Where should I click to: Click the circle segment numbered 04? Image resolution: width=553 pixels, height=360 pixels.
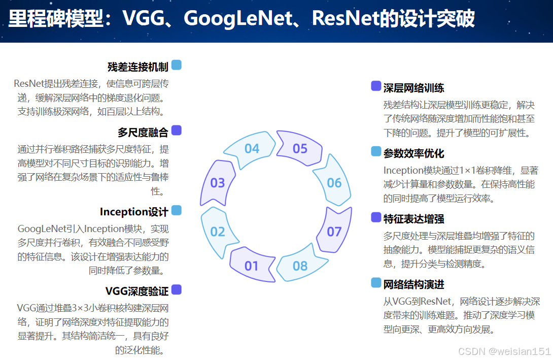(252, 149)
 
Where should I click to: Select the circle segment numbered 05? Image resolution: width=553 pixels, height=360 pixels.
(300, 149)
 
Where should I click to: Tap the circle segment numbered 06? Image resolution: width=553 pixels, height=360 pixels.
(334, 183)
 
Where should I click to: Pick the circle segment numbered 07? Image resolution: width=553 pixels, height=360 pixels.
(334, 232)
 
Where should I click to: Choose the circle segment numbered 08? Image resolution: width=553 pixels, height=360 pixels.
(300, 266)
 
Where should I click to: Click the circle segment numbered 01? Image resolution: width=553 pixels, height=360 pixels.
(252, 266)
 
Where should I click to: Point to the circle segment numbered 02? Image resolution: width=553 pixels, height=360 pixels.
(217, 232)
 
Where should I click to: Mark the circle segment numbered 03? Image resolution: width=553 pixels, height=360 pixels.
(217, 183)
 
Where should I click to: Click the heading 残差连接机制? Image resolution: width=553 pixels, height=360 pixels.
(137, 67)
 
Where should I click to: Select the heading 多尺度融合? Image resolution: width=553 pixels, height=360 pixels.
(143, 133)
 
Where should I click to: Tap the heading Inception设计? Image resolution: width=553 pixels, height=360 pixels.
(134, 212)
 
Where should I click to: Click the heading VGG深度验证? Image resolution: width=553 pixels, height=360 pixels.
(136, 291)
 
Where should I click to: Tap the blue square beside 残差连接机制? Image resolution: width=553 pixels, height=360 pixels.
(177, 65)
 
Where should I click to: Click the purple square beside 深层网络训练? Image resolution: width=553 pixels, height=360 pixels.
(376, 86)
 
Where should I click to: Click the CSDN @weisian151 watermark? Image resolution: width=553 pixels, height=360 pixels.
(504, 351)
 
